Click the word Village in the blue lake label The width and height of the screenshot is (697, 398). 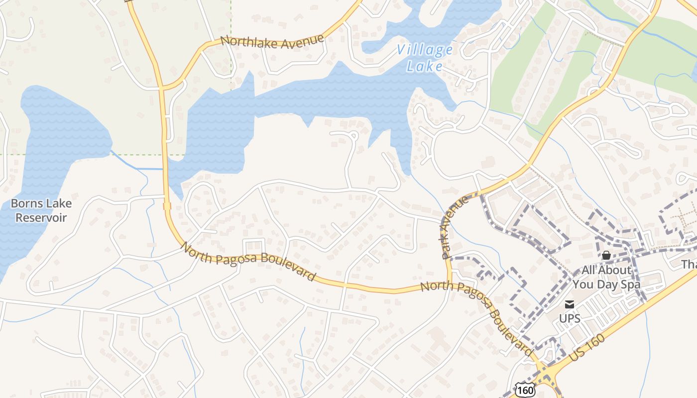tap(425, 50)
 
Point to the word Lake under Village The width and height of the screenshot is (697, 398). tap(424, 66)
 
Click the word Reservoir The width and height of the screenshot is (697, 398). tap(41, 217)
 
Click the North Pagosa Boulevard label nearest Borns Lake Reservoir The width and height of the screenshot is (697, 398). tap(247, 261)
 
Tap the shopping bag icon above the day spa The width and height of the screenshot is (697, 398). tap(606, 255)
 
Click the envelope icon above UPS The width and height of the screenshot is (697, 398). tap(569, 304)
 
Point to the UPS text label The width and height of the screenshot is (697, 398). tap(570, 318)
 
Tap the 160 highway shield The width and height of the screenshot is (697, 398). tap(525, 390)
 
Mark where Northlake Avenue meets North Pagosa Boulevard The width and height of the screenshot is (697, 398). tap(162, 89)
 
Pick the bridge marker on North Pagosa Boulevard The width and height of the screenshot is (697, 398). tap(167, 205)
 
